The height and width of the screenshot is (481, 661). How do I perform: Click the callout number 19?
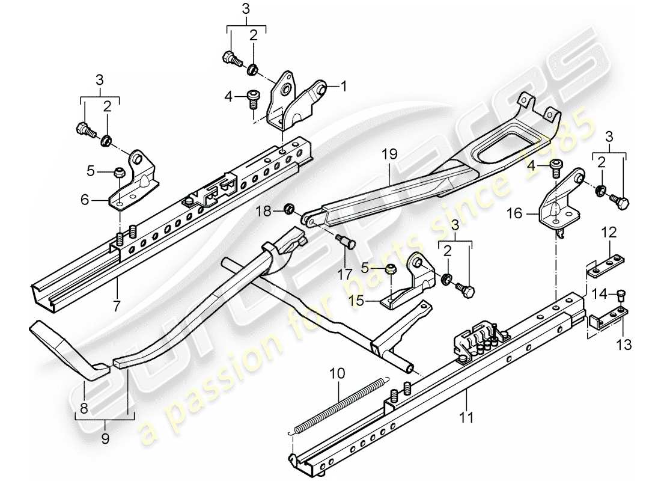(389, 155)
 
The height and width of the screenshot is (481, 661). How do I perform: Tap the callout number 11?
(467, 414)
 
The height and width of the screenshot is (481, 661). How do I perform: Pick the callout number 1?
(344, 87)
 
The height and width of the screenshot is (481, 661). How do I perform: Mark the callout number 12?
(610, 231)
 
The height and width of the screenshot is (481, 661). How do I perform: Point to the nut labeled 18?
(288, 209)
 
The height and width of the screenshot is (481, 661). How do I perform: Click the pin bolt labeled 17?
(347, 243)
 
